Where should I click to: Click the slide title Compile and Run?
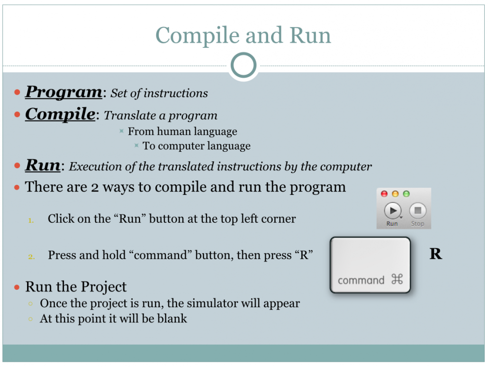243,36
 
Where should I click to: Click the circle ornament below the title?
244,65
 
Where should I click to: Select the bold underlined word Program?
63,92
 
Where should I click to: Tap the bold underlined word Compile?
60,114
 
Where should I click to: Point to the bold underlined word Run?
43,165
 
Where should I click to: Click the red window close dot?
384,194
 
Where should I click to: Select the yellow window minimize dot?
395,194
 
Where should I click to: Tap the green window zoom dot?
406,194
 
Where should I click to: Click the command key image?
370,265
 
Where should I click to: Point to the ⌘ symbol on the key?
397,280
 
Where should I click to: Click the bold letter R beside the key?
435,254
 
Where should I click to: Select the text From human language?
182,131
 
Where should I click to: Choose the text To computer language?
197,146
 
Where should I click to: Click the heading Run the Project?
76,287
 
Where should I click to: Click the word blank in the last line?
172,319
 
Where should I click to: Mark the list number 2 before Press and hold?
31,257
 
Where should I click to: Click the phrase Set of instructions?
159,93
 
